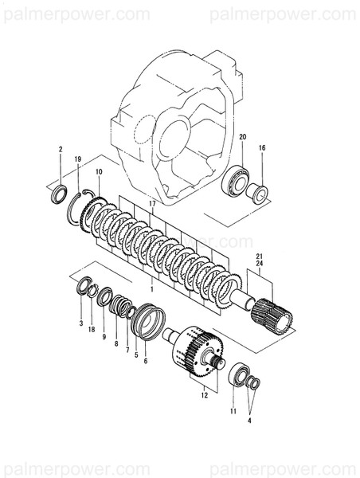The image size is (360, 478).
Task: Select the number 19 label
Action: coord(78,160)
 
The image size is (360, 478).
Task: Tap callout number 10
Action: coord(99,172)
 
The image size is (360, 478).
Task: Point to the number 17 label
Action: coord(151,204)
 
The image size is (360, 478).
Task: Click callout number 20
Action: coord(243,137)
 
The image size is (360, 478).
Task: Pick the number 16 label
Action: coord(262,148)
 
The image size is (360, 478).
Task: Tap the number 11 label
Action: coord(233,410)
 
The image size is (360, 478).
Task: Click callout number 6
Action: coord(145,359)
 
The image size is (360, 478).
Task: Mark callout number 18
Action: coord(92,329)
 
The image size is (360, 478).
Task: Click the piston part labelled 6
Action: coord(147,320)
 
